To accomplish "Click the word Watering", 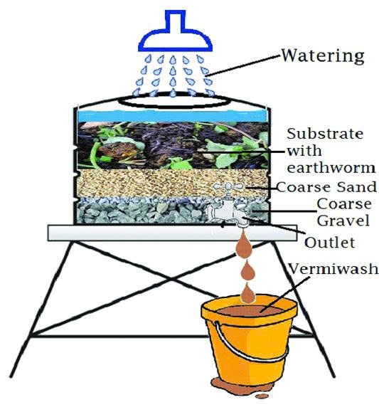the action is point(323,57).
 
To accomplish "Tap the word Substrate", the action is point(325,134).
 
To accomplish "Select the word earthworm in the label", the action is point(331,167).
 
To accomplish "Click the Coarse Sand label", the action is point(326,187).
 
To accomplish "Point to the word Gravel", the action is point(343,221).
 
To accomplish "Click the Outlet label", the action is point(329,243).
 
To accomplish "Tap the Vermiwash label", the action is point(333,268).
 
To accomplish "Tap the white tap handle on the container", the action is point(228,187).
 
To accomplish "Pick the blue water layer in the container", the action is point(171,116).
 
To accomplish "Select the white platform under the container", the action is point(172,233).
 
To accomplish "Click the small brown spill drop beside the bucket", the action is point(262,396).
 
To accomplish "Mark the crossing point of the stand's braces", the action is point(172,279).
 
